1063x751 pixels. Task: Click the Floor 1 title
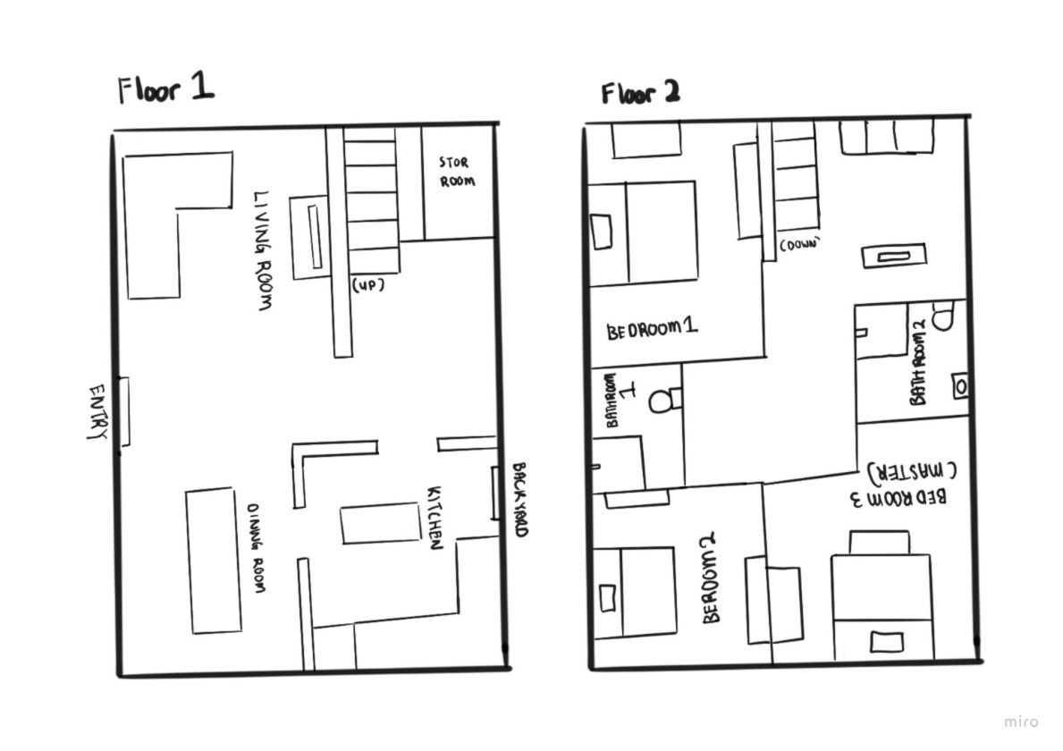(166, 89)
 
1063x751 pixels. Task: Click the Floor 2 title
(639, 93)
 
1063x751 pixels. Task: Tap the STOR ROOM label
(456, 173)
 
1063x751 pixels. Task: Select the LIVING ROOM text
(263, 249)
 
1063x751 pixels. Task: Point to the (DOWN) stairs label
(799, 243)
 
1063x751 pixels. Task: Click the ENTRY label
(97, 412)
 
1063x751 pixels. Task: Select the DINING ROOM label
(257, 548)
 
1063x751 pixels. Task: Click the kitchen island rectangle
(380, 523)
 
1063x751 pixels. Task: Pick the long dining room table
(214, 561)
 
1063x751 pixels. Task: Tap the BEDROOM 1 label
(652, 330)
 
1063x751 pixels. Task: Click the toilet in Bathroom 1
(662, 398)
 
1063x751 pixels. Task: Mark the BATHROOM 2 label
(918, 364)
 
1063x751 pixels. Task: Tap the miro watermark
(1021, 721)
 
